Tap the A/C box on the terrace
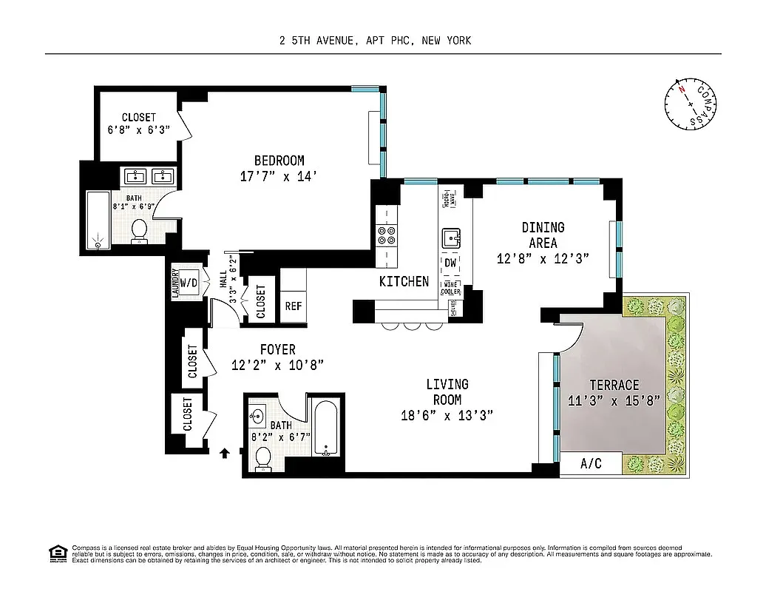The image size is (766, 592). [x=591, y=465]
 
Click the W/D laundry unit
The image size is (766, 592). [x=189, y=283]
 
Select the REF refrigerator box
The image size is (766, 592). [x=293, y=306]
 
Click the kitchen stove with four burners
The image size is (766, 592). [x=387, y=235]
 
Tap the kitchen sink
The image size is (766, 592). [x=451, y=238]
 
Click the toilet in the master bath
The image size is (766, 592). [x=139, y=232]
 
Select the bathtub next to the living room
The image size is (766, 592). [x=326, y=428]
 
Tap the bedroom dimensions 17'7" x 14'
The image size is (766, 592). [x=279, y=177]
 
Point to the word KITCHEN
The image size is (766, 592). [x=404, y=281]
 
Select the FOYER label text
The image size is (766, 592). [x=277, y=349]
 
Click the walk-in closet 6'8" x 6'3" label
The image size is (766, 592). [x=139, y=124]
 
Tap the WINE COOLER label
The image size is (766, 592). [x=451, y=288]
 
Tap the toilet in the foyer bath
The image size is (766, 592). [x=262, y=459]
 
